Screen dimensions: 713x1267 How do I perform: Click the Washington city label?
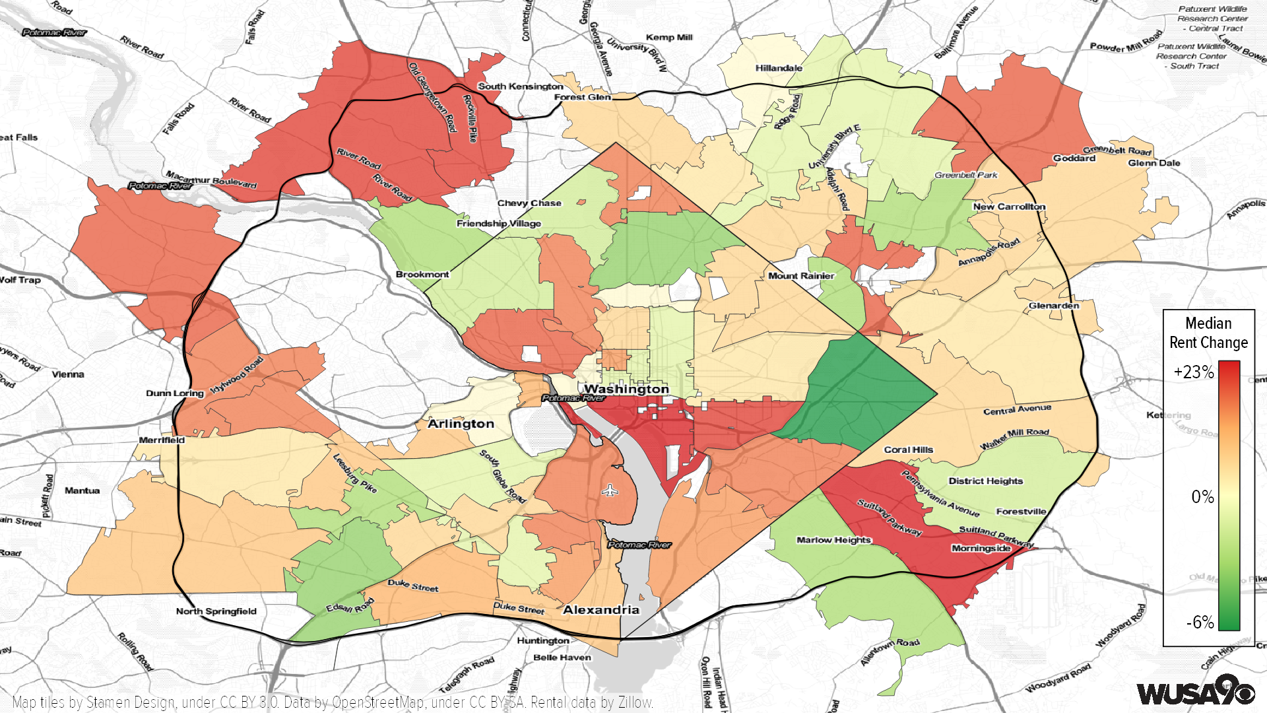(626, 389)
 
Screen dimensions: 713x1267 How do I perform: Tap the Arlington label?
(461, 424)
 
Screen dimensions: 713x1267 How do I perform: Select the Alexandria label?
(601, 610)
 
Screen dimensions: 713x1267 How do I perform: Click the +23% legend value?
(1193, 372)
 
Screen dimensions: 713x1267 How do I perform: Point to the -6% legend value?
(1199, 622)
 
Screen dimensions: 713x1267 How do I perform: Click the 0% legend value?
(1202, 496)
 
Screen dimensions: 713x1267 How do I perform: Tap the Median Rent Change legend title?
(1208, 333)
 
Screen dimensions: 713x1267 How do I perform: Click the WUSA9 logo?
(1195, 691)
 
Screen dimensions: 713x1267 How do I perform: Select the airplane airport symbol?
(610, 491)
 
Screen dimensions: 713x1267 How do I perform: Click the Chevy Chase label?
(529, 203)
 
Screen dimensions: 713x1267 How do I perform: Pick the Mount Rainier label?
(801, 276)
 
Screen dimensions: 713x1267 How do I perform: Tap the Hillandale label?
(779, 68)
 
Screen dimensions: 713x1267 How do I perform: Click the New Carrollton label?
(1009, 207)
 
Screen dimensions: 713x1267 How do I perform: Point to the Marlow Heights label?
(833, 540)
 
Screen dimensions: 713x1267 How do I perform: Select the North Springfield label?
(216, 611)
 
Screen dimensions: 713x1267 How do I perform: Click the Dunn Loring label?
(175, 393)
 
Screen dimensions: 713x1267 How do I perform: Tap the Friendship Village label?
(498, 224)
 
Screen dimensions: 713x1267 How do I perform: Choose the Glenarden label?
(1054, 306)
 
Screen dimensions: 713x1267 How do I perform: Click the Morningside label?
(981, 549)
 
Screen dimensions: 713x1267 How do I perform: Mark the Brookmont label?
(422, 275)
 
